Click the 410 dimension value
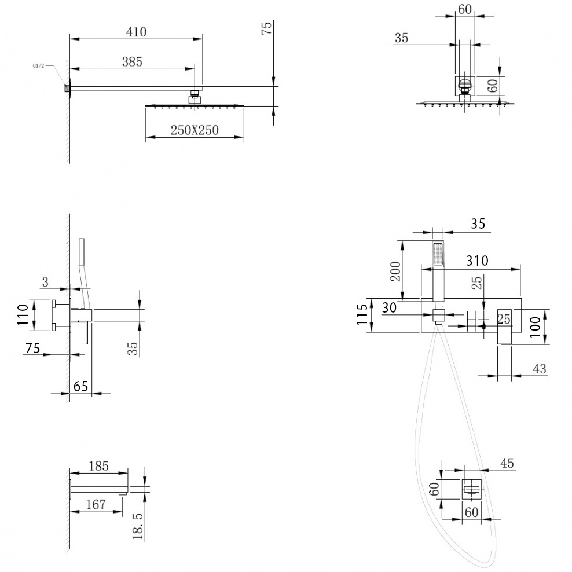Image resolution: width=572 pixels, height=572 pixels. coord(137,32)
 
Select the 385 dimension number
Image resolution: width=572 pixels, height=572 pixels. coord(132,61)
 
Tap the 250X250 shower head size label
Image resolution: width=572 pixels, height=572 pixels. coord(195,130)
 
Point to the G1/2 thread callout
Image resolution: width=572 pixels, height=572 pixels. coord(38,66)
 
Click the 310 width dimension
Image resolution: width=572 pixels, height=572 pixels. coord(477,261)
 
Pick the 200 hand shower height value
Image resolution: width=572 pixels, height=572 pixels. coord(395,272)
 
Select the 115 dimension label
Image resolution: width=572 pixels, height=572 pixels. coord(362,314)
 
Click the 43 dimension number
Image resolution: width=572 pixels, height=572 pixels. coord(540,369)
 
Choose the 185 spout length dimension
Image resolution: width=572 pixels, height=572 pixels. coord(99,466)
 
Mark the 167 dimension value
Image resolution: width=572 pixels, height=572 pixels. coord(96,504)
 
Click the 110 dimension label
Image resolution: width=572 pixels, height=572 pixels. coord(23,315)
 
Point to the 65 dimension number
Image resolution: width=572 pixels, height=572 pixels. coord(80,386)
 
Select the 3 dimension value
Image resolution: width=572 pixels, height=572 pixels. coord(45,282)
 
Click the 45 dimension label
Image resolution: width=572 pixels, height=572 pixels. coord(507,463)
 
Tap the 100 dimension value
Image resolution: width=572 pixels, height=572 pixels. coord(535,327)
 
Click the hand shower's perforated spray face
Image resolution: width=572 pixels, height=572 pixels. coord(438,255)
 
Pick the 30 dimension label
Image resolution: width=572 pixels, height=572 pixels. coord(389,308)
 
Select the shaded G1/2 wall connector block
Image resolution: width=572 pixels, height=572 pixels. coord(67,88)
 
